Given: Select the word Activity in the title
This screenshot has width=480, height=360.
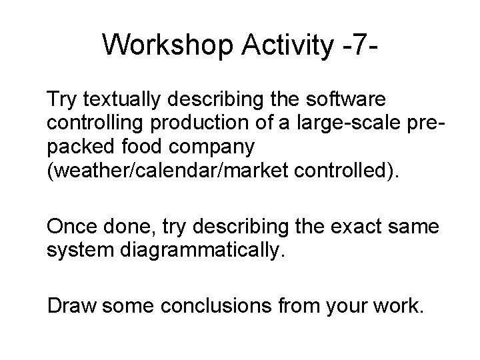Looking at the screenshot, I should pyautogui.click(x=282, y=45).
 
